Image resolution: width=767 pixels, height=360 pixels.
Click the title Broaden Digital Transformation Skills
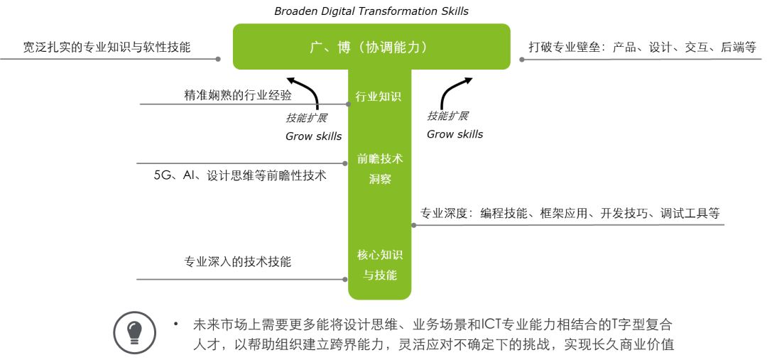(371, 11)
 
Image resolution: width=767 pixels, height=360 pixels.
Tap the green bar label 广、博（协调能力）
(371, 48)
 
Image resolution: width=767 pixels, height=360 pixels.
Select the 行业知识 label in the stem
(379, 97)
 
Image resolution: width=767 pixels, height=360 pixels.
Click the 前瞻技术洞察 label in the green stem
(380, 169)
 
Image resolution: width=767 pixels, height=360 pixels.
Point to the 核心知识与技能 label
(380, 264)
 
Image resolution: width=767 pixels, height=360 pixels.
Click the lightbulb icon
(134, 332)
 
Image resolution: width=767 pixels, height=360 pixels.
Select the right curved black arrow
(455, 92)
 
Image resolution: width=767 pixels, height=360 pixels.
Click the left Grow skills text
(313, 136)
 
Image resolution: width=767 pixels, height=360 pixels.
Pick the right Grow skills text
(455, 134)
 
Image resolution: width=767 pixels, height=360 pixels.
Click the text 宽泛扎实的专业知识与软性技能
(107, 48)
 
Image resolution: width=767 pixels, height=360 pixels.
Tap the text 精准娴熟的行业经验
(237, 95)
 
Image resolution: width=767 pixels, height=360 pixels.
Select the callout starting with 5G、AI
(240, 175)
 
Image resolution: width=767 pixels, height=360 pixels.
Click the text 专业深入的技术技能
(237, 261)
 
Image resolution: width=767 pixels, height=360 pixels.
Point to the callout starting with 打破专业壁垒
(642, 48)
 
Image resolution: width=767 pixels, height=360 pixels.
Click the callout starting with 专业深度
(570, 213)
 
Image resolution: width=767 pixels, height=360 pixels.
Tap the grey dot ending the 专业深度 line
(413, 225)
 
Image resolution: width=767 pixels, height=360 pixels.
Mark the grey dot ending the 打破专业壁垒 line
(522, 60)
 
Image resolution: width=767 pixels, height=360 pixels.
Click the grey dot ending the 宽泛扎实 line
(218, 60)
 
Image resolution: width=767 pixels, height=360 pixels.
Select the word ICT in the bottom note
(491, 325)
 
